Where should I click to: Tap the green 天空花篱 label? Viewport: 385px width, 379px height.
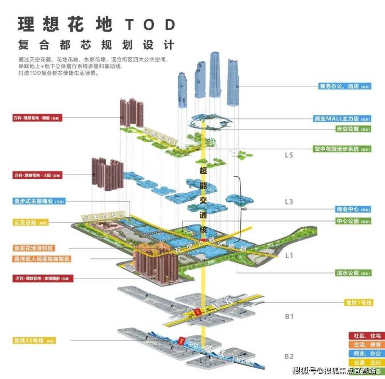click(x=352, y=128)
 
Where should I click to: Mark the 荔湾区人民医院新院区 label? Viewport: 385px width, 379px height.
click(x=42, y=258)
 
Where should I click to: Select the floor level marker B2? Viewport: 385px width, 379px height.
click(x=289, y=356)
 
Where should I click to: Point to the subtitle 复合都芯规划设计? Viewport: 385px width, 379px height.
click(x=96, y=44)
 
